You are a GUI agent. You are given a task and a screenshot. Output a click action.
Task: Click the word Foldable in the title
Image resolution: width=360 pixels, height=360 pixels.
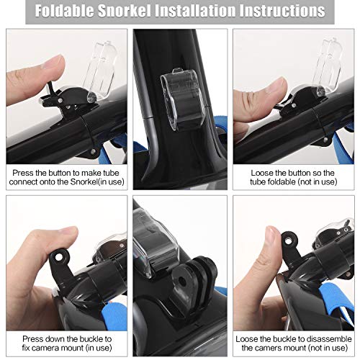[x=64, y=11]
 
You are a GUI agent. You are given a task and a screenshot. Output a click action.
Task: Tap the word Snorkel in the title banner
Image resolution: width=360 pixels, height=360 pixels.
[x=124, y=11]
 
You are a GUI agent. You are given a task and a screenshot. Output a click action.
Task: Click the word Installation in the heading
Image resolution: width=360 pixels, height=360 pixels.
[x=195, y=11]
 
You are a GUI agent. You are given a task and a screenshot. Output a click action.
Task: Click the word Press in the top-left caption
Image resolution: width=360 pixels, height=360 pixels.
[x=23, y=173]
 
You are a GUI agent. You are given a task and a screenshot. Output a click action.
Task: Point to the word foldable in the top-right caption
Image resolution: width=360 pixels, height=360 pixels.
[x=278, y=181]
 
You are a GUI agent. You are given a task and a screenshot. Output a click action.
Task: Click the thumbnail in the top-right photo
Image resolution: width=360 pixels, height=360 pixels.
[x=276, y=86]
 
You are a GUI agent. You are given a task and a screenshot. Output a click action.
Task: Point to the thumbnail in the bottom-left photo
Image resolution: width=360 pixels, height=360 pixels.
[x=68, y=232]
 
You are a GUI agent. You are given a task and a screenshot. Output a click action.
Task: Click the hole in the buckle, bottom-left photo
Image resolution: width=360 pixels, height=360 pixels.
[x=58, y=257]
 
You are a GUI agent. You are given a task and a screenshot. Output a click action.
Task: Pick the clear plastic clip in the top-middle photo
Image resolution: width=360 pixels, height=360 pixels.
[x=183, y=99]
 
